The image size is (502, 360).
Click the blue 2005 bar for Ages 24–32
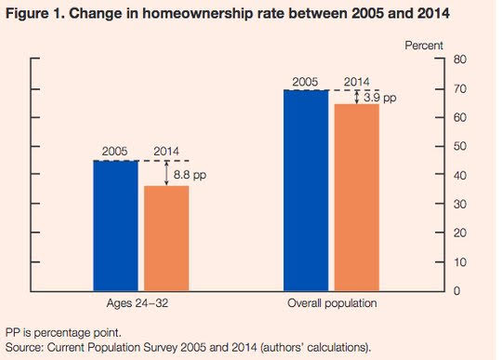pos(115,226)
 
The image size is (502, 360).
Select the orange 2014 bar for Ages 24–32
pos(166,238)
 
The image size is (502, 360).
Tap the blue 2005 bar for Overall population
pos(306,191)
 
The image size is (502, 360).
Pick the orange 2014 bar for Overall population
pos(357,197)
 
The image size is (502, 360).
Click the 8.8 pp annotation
pos(190,175)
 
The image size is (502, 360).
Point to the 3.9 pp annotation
pos(380,98)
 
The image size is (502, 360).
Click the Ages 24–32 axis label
pos(138,303)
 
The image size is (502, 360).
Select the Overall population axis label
pos(332,303)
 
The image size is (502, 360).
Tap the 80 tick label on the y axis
pos(460,60)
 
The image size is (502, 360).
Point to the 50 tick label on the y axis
pos(460,146)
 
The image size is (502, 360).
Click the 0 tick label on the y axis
pos(456,291)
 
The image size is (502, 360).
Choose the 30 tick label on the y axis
pos(460,204)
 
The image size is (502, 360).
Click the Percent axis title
pos(424,46)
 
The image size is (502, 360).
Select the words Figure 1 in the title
pos(35,13)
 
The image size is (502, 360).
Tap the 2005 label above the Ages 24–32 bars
pos(114,152)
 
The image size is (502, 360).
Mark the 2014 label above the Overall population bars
pos(356,82)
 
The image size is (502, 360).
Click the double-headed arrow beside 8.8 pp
pos(166,173)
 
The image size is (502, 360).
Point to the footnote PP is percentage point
pos(63,333)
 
